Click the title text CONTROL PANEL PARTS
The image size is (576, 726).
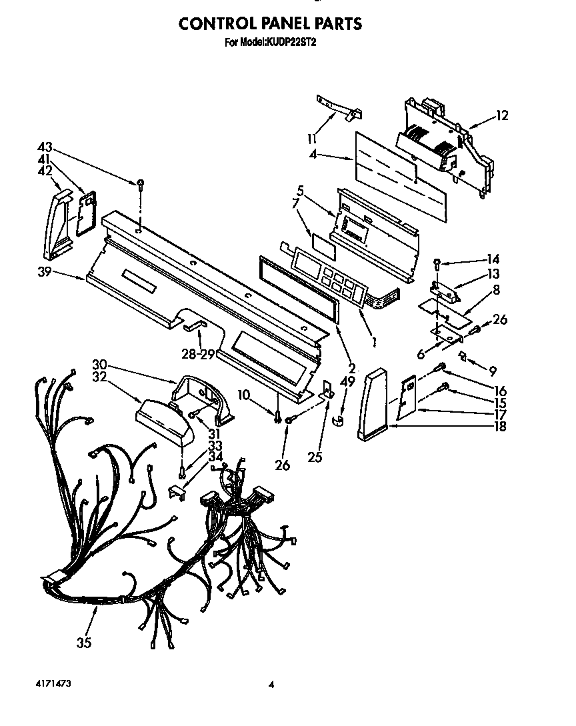pyautogui.click(x=269, y=24)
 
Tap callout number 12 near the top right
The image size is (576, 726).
pyautogui.click(x=501, y=116)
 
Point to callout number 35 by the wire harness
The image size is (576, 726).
pyautogui.click(x=84, y=643)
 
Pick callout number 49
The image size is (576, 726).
pyautogui.click(x=347, y=381)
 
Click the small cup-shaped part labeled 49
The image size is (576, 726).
pyautogui.click(x=338, y=421)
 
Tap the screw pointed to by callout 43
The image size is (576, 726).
pyautogui.click(x=141, y=184)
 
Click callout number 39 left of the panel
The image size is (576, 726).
pyautogui.click(x=45, y=273)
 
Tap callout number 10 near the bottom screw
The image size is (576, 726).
pyautogui.click(x=245, y=396)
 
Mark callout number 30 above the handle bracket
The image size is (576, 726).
pyautogui.click(x=100, y=365)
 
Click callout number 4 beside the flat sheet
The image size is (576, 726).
pyautogui.click(x=313, y=156)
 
